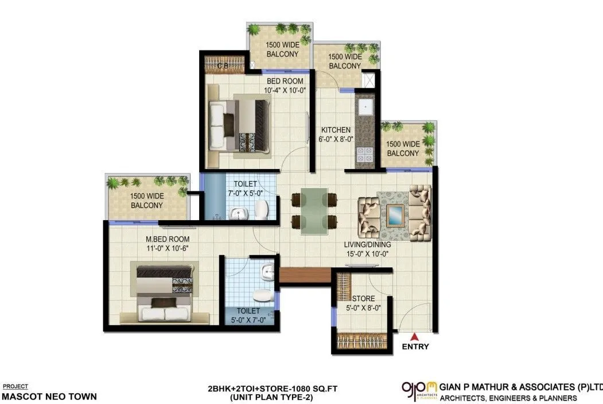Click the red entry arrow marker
tap(413, 336)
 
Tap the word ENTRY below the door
tap(415, 347)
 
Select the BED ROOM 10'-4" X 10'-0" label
tap(285, 86)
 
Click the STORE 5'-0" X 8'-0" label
tap(363, 303)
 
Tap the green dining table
tap(314, 211)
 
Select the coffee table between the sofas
tap(394, 214)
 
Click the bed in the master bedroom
tap(165, 292)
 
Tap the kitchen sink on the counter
tap(365, 108)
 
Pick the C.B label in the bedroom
tap(223, 66)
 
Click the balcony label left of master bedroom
tap(147, 201)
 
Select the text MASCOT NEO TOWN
tap(49, 396)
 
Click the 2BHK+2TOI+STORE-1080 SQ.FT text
tap(273, 389)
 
